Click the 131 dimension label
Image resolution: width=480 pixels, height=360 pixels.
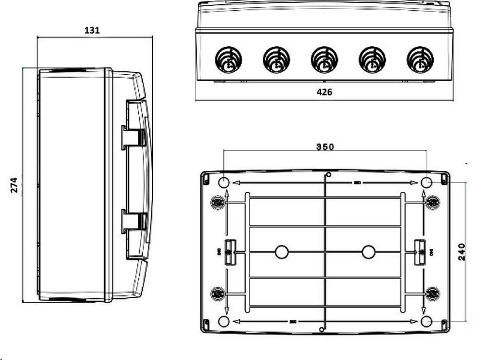92,29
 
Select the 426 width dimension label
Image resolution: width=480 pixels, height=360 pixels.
324,92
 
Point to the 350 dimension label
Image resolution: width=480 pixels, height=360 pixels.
325,146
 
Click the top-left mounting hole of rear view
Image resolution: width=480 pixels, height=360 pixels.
222,182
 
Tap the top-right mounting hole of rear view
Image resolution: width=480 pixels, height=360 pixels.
427,182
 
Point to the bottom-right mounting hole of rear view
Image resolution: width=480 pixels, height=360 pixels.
427,322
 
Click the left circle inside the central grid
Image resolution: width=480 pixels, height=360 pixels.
281,252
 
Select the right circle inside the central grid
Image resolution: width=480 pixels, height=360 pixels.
368,252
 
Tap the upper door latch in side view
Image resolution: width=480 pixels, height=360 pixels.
133,136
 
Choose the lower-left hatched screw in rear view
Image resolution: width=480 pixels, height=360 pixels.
217,293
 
